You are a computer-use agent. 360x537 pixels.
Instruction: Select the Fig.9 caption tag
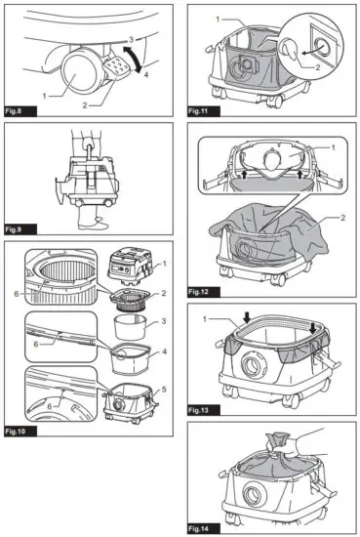click(18, 230)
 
